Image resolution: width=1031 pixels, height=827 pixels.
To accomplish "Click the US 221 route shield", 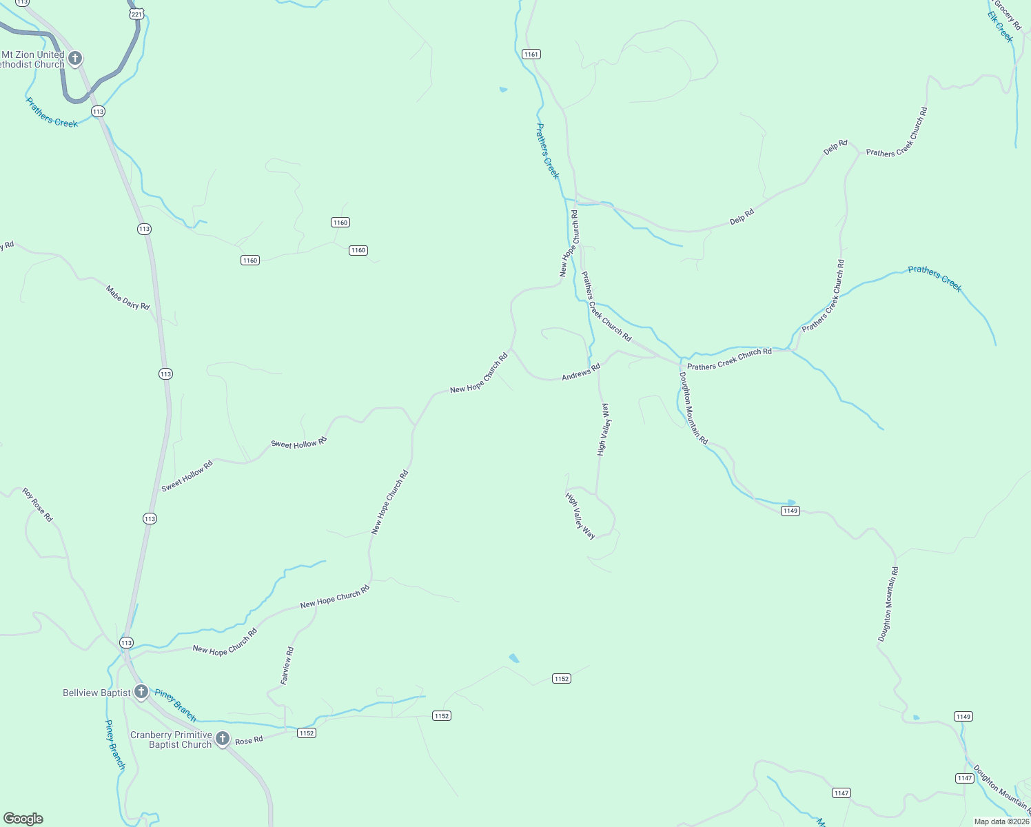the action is click(x=136, y=13).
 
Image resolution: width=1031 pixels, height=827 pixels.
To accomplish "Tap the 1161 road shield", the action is click(x=531, y=54).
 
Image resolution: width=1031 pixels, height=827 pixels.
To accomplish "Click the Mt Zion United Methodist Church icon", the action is click(x=74, y=59).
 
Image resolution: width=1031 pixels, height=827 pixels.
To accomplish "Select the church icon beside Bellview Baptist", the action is click(x=141, y=691).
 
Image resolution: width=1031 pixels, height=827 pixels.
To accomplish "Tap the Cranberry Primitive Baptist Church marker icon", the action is click(x=222, y=739).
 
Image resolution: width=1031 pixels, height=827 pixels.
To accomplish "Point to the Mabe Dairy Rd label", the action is click(x=127, y=298).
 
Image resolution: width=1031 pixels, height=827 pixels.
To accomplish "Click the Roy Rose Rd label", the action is click(x=37, y=504).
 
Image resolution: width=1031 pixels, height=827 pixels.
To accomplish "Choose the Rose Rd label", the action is click(x=249, y=740).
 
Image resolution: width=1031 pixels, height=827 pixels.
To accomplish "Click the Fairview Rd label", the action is click(x=287, y=665).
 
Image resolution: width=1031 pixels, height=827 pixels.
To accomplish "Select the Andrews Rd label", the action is click(x=581, y=372).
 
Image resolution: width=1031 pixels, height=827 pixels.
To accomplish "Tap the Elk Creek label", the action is click(x=1000, y=26).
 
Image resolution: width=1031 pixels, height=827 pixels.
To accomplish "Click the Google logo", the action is click(x=23, y=819).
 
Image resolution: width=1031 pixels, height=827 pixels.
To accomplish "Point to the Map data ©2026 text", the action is click(x=1001, y=821).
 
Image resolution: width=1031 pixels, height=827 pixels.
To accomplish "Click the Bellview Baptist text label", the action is click(x=96, y=693).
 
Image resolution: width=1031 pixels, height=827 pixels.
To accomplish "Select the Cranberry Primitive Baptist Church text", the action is click(x=171, y=739).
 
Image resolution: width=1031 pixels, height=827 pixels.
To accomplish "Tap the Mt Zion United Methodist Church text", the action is click(x=32, y=59).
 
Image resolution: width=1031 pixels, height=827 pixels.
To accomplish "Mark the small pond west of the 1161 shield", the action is click(x=503, y=90).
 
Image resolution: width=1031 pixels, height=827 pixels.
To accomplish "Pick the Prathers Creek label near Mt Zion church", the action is click(x=52, y=112).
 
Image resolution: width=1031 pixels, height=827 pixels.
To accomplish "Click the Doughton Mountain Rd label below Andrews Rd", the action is click(x=693, y=408).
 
